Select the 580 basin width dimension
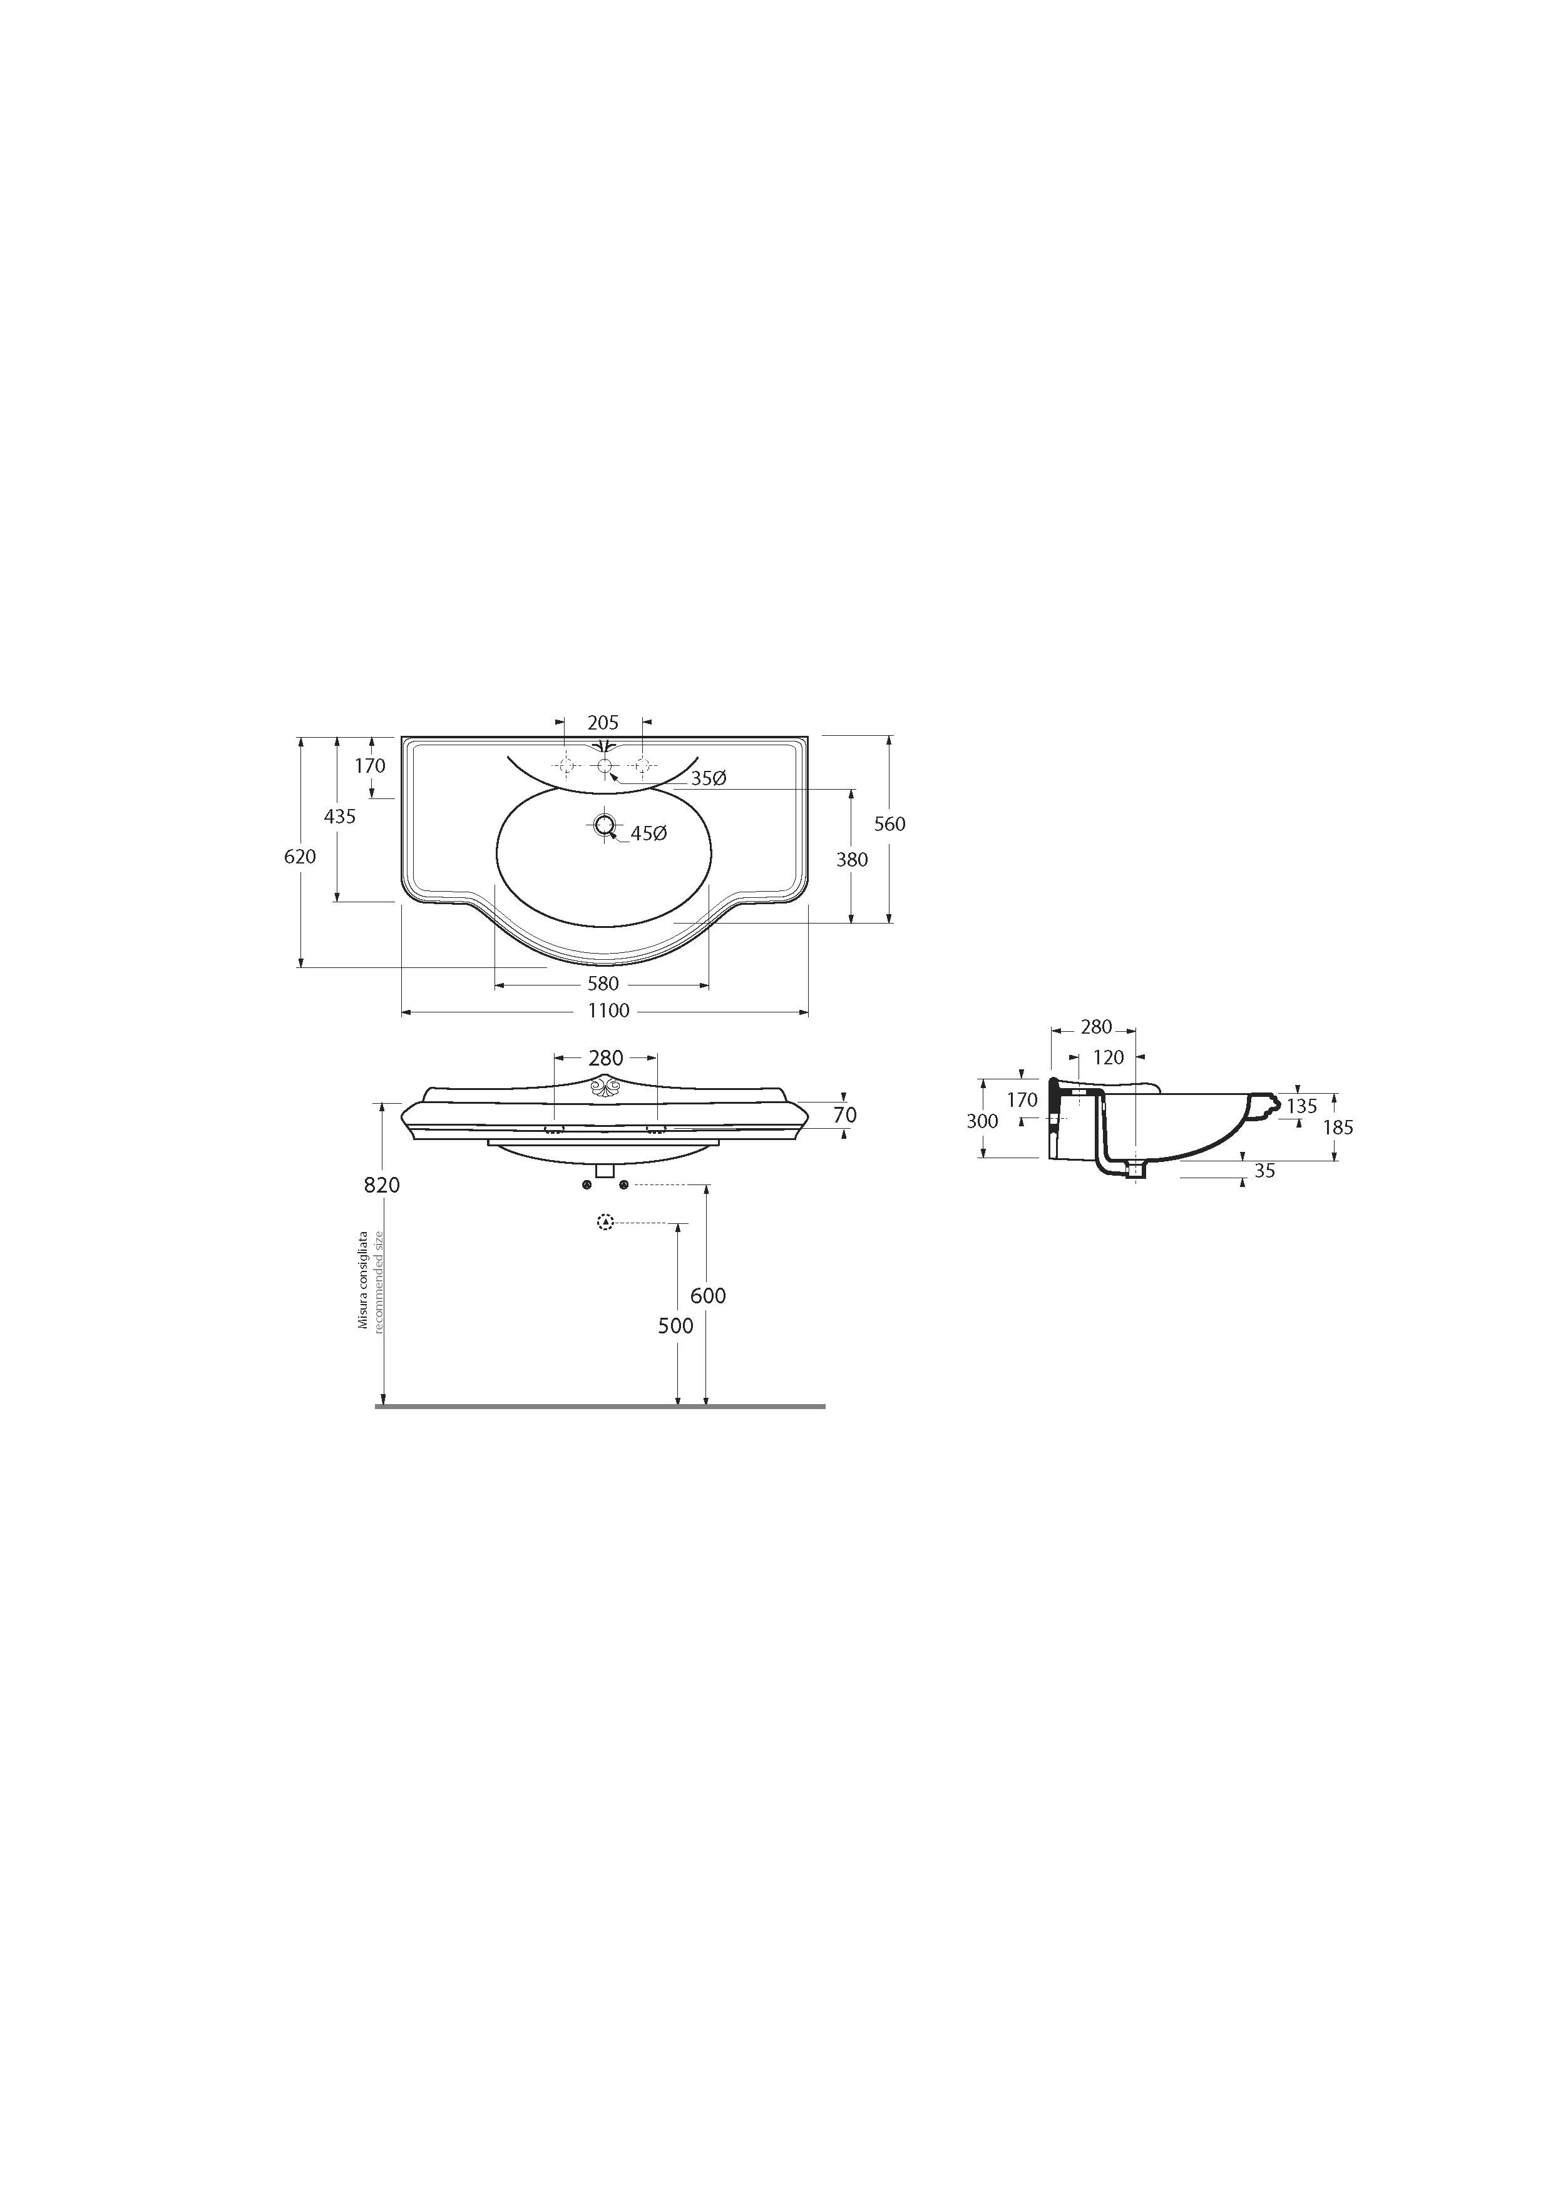pos(603,983)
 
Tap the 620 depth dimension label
pos(300,857)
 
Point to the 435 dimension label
pos(339,817)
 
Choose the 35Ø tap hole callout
pos(709,778)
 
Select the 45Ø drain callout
pos(648,833)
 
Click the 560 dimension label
pos(889,823)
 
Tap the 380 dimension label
pos(852,860)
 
